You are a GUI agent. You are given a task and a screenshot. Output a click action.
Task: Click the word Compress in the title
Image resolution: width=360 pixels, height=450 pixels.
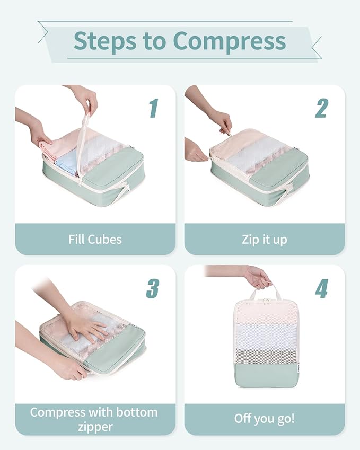coord(230,41)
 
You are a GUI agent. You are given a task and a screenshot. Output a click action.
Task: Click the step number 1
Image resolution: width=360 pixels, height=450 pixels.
coord(153,108)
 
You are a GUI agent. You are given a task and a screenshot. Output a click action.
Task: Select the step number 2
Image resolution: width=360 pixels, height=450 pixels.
coord(321,108)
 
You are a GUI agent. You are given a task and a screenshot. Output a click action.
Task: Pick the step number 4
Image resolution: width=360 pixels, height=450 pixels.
coord(321,288)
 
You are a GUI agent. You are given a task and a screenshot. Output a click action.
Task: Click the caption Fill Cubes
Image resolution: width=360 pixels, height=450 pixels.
coord(95,239)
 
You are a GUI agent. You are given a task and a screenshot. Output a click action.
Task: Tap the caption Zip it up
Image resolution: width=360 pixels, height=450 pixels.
coord(264,239)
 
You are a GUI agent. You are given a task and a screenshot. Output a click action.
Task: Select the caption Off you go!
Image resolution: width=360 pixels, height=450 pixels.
coord(264,419)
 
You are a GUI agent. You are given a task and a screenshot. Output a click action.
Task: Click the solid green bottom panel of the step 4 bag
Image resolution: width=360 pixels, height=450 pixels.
coord(264,374)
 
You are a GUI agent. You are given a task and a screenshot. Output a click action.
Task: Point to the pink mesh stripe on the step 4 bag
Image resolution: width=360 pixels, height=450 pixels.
coord(264,313)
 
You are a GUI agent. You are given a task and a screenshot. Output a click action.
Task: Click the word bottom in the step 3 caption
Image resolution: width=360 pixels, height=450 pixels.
coord(138,412)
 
